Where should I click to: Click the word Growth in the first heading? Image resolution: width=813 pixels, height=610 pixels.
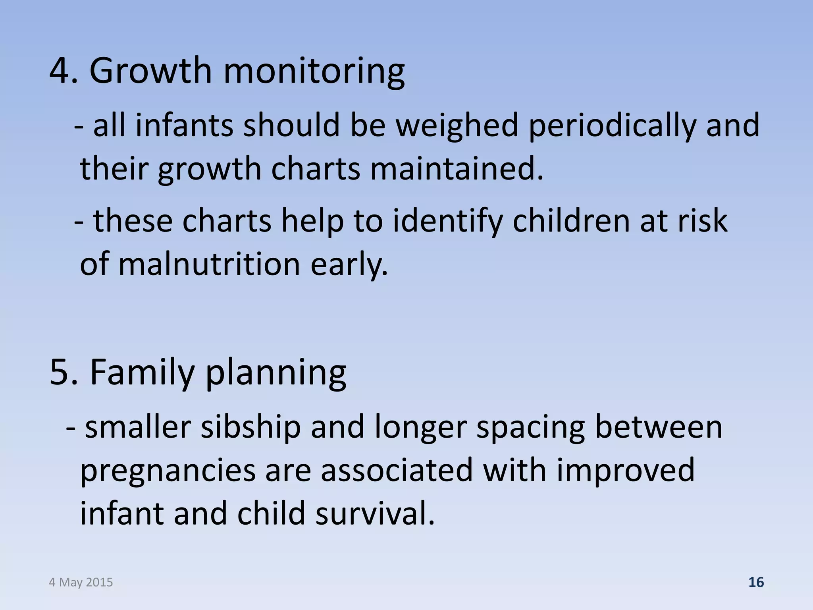pos(151,71)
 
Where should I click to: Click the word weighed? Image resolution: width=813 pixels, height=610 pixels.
pos(457,125)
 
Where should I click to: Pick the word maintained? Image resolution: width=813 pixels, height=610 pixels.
pos(457,169)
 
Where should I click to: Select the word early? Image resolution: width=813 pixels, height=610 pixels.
pos(349,265)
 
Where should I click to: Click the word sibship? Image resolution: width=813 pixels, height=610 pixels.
pos(250,428)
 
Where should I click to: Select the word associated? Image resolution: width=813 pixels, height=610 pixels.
pos(397,470)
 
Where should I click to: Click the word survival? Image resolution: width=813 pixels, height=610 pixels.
pos(375,513)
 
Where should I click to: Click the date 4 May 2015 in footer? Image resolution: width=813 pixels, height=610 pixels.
pos(81,582)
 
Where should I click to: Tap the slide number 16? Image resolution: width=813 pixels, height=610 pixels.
pos(756,582)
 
